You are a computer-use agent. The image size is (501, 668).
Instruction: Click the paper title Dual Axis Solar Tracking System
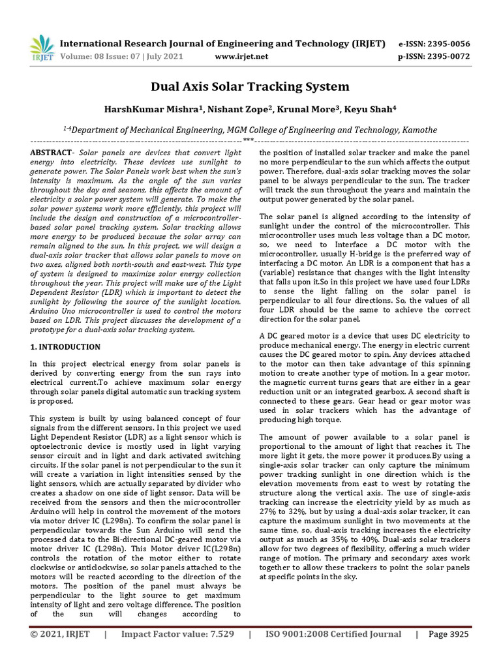[x=250, y=87]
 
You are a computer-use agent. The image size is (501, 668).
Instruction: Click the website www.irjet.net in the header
[x=241, y=56]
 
